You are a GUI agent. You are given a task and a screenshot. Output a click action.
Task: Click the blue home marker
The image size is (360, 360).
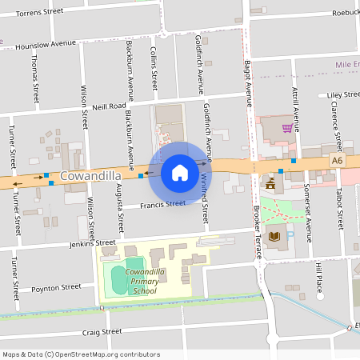click(180, 172)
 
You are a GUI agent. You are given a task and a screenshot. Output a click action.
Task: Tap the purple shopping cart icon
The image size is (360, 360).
click(287, 127)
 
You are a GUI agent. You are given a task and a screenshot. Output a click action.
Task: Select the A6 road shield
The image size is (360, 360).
click(337, 161)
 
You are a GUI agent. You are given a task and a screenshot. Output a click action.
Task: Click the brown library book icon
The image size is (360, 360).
click(274, 236)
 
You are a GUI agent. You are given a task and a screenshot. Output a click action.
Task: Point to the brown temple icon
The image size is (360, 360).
click(270, 183)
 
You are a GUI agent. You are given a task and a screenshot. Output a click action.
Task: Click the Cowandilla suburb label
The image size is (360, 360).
click(90, 175)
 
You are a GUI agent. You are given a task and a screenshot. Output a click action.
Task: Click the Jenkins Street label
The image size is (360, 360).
click(93, 242)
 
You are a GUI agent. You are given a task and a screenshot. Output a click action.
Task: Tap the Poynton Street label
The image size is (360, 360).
click(56, 287)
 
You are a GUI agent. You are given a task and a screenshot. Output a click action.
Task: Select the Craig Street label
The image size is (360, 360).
click(102, 330)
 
